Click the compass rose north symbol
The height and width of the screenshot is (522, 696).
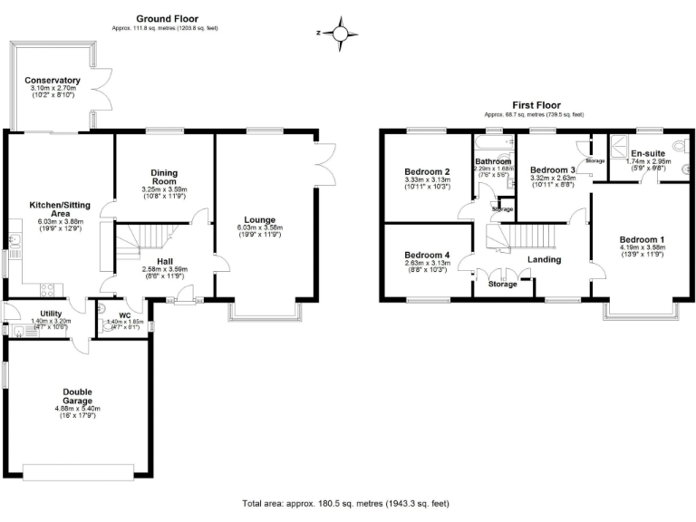click(x=340, y=34)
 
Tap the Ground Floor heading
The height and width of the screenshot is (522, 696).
click(x=168, y=18)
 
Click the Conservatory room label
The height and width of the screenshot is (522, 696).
click(x=53, y=81)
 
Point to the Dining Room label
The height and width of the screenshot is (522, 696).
click(x=164, y=177)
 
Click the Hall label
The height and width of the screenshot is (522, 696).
click(x=164, y=260)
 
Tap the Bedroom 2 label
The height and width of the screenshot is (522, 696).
click(x=428, y=171)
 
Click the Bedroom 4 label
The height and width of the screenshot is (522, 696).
click(x=427, y=255)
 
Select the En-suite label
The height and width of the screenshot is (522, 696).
click(x=649, y=153)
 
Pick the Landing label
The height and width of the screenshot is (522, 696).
click(x=544, y=259)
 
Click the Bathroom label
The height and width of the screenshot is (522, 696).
click(x=493, y=161)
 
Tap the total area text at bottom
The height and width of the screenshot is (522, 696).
click(x=345, y=503)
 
